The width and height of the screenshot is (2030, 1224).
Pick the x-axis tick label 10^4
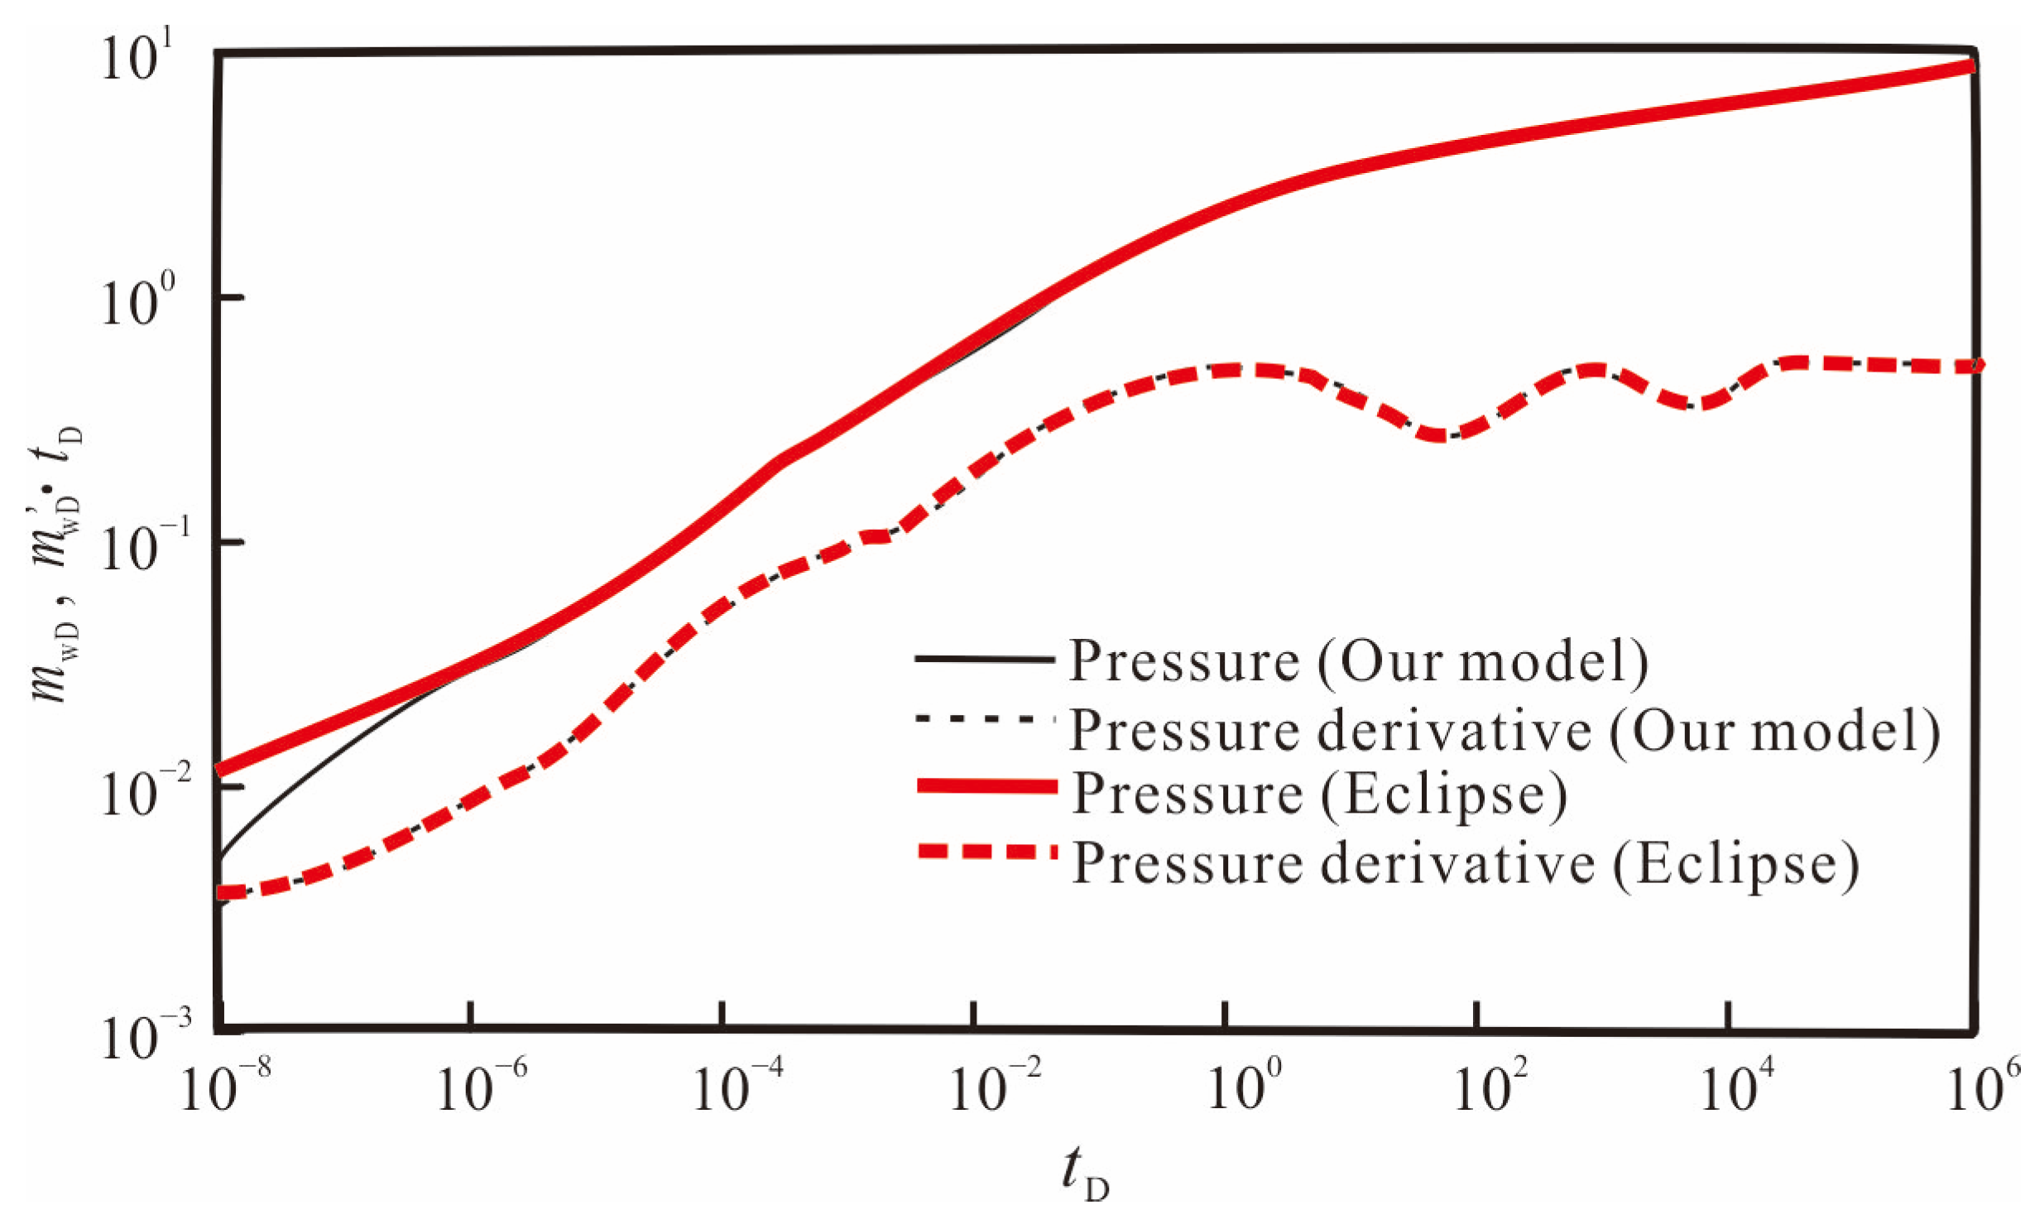pos(1736,1087)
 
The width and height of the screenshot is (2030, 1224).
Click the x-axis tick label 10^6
pos(1984,1087)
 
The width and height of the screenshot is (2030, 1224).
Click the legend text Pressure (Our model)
pos(1357,661)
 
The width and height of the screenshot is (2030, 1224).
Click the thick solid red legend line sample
pos(986,786)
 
